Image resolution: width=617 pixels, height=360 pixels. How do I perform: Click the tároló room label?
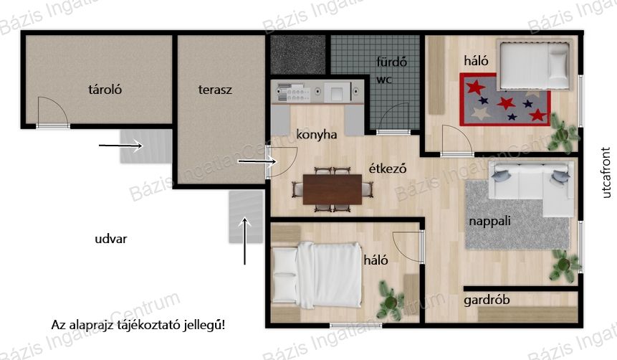105,90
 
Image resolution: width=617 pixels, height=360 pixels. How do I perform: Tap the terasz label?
215,90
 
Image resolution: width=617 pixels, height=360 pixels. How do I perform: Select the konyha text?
316,135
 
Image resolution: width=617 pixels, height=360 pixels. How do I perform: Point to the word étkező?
387,169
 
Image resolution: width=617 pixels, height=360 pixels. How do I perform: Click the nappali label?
489,221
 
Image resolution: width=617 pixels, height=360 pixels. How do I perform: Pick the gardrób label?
487,300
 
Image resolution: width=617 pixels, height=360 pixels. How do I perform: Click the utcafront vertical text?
606,172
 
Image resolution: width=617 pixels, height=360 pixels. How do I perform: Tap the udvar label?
110,239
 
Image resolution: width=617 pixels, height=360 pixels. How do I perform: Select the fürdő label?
391,62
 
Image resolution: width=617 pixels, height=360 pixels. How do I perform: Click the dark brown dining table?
333,189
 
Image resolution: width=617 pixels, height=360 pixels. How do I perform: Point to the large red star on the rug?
506,103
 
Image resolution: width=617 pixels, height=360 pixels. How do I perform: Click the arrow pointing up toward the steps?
245,241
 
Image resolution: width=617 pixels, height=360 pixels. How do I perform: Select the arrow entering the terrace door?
258,161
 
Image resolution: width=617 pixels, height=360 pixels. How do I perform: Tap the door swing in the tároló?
53,112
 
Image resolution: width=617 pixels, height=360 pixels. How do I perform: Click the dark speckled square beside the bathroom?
298,55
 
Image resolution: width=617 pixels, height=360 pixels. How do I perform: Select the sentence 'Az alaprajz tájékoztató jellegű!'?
138,326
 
